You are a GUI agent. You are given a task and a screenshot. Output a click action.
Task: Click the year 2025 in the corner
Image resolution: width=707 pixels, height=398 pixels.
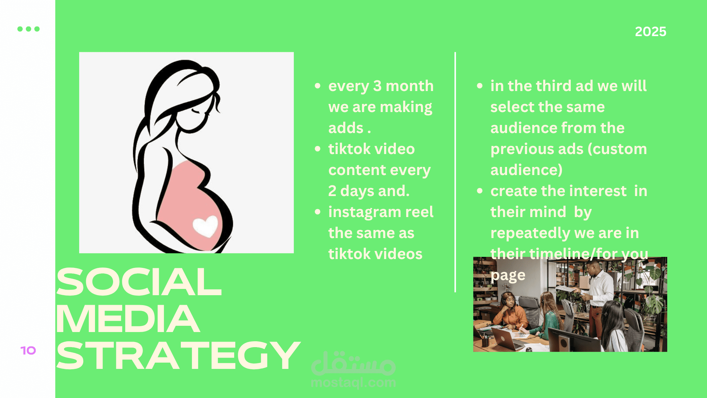pos(651,32)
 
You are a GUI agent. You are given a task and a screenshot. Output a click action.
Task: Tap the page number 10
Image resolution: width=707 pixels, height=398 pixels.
pos(28,350)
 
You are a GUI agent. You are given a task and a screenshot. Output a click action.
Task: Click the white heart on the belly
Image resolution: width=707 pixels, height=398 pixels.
pos(205,226)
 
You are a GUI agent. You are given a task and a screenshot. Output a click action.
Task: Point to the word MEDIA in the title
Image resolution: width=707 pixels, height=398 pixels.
pos(128,319)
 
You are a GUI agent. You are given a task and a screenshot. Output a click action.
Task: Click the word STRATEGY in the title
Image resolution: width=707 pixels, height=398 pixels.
pos(178,356)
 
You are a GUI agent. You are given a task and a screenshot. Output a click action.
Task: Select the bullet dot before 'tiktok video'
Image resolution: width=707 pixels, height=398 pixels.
pos(318,149)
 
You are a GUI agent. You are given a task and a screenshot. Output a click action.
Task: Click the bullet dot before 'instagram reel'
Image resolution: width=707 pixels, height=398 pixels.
pos(318,212)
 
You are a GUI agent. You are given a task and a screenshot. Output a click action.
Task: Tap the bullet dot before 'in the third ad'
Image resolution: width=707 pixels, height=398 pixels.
pos(479,86)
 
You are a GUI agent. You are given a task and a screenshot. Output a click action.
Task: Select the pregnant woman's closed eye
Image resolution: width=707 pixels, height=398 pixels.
pos(196,111)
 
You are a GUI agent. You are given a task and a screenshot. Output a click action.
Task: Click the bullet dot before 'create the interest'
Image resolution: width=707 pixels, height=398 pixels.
pos(479,191)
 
